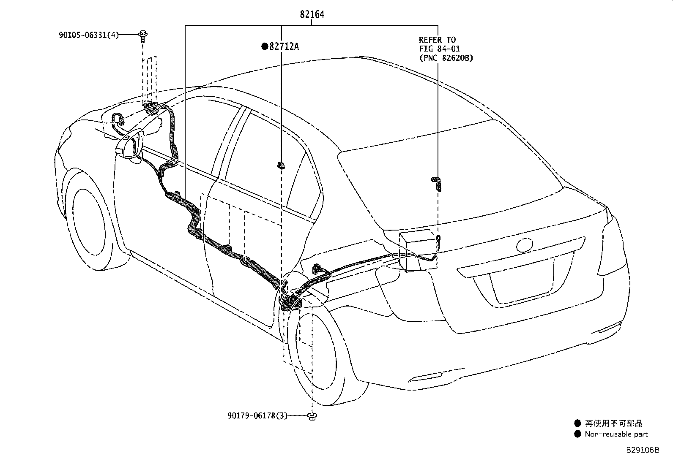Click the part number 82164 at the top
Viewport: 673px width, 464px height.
[x=312, y=14]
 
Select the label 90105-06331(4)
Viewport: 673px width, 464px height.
[x=89, y=35]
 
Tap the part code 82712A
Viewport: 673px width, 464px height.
[x=284, y=46]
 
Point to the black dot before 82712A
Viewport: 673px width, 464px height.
[x=264, y=46]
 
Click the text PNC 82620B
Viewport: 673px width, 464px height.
[x=446, y=57]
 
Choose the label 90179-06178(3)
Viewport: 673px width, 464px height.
[x=257, y=416]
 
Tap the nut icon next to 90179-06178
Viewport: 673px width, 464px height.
[x=312, y=416]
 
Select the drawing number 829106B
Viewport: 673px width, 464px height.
[x=643, y=450]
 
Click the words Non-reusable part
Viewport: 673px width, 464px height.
[x=616, y=434]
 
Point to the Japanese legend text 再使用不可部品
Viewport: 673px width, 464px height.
[x=613, y=423]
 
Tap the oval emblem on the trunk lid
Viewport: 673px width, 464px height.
[x=524, y=245]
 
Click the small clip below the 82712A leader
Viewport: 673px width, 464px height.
[x=281, y=165]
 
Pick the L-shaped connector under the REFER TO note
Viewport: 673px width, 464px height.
[x=437, y=184]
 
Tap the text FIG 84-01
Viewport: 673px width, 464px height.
[x=440, y=49]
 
